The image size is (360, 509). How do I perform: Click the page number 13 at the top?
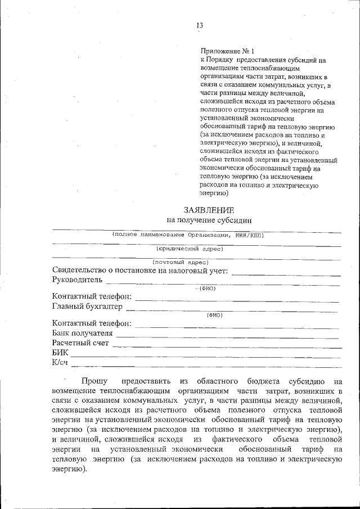click(199, 25)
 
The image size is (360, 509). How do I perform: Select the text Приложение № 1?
click(223, 51)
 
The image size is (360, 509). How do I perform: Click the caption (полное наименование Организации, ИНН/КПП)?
click(188, 235)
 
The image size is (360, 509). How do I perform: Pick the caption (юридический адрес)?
click(190, 249)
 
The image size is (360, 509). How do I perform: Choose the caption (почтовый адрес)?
click(181, 262)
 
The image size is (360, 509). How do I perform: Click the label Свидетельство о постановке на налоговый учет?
click(139, 271)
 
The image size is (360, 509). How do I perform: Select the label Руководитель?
click(78, 280)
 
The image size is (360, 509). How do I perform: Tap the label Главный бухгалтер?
click(87, 307)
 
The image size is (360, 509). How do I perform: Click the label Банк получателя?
click(82, 333)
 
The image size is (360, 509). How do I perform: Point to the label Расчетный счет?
click(80, 343)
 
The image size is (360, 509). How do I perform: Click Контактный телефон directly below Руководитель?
click(92, 297)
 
